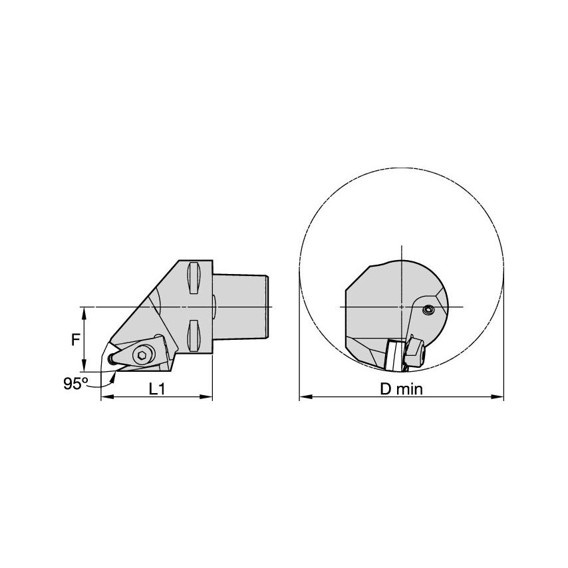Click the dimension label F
point(76,339)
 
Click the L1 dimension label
point(157,390)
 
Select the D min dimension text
point(401,390)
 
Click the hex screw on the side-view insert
point(141,356)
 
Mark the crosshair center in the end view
point(402,306)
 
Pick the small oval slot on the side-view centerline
point(214,306)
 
